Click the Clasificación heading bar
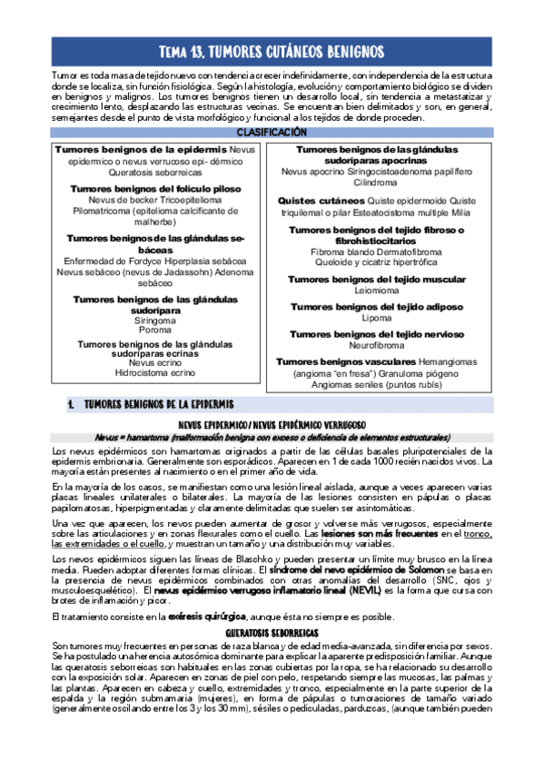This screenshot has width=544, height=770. [272, 132]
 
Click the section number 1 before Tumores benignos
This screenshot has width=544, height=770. [70, 403]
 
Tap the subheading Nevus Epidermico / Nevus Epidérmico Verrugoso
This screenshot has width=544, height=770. [272, 424]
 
